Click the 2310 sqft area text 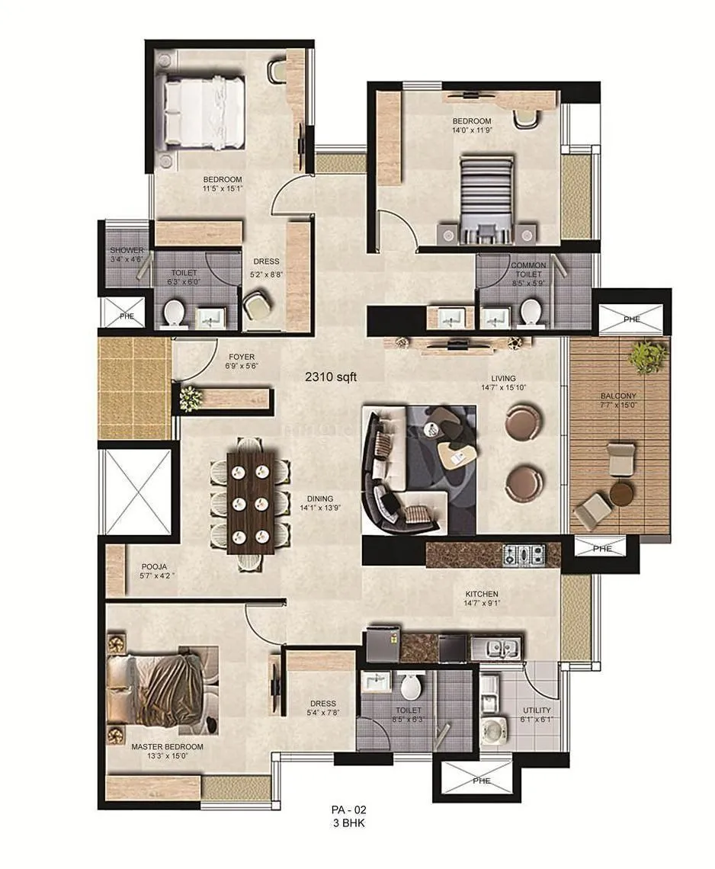pyautogui.click(x=331, y=375)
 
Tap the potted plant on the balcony pyautogui.click(x=648, y=356)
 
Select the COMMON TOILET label pyautogui.click(x=528, y=269)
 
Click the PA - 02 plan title pyautogui.click(x=345, y=810)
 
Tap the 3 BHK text pyautogui.click(x=345, y=823)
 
